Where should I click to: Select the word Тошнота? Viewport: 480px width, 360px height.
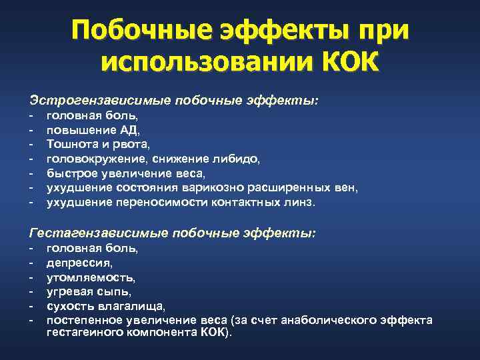pos(71,143)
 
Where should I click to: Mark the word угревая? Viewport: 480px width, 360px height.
pos(67,292)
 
